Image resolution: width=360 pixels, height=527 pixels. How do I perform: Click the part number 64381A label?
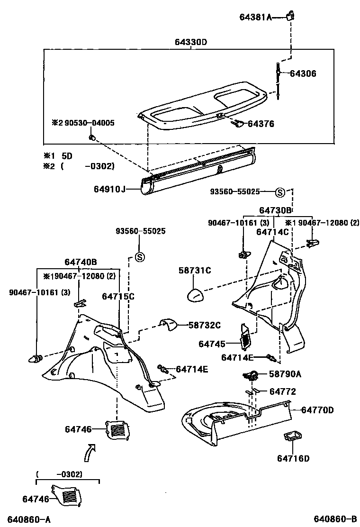coord(255,18)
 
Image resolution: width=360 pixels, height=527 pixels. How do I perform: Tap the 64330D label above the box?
coord(191,42)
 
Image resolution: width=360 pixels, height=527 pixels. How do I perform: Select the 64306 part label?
coord(303,73)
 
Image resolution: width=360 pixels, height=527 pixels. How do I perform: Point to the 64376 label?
coord(261,124)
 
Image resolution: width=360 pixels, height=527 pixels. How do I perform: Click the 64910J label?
coord(109,190)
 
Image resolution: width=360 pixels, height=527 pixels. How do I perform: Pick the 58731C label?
coord(195,271)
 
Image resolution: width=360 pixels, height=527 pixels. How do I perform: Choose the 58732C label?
coord(205,325)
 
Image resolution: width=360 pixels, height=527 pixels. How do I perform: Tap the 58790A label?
coord(285,374)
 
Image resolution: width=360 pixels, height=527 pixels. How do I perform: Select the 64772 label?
coord(283,391)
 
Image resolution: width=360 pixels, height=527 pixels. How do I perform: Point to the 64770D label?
coord(317,409)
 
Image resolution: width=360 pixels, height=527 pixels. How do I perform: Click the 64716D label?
coord(293,458)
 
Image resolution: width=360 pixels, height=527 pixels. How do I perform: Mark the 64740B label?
coord(81,262)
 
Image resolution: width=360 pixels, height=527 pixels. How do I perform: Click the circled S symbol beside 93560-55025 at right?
coord(279,192)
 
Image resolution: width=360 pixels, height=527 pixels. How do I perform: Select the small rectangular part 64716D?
coord(292,436)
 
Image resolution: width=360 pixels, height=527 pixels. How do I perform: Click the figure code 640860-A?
coord(29,519)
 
